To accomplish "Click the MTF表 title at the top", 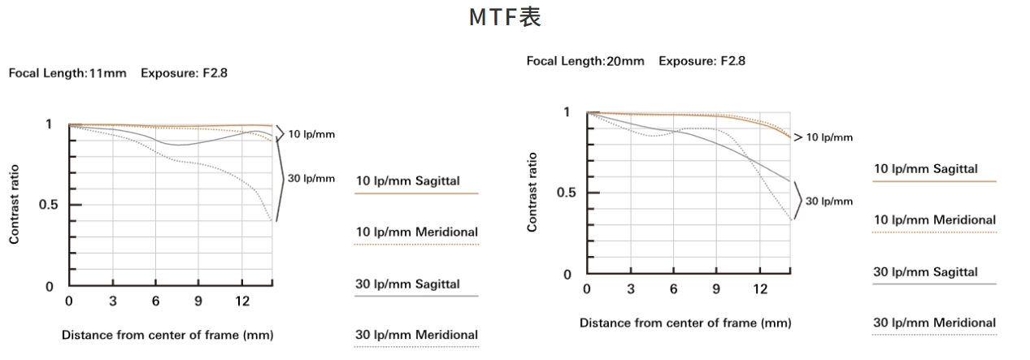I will click(x=505, y=18).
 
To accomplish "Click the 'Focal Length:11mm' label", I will click(x=67, y=73).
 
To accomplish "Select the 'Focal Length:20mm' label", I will click(x=585, y=61).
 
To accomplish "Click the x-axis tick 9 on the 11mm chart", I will click(x=198, y=301).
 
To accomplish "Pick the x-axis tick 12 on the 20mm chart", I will click(x=759, y=289).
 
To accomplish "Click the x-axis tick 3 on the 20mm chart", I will click(x=631, y=289).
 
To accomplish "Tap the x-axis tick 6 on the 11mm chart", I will click(x=154, y=301).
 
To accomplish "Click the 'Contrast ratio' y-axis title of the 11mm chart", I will click(x=15, y=206).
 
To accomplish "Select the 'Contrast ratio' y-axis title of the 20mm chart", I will click(x=532, y=193).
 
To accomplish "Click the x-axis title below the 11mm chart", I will click(x=167, y=335).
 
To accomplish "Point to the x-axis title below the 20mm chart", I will click(x=684, y=323).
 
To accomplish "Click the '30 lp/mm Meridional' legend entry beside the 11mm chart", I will click(x=417, y=335).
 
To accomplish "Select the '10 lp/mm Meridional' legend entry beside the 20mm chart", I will click(x=934, y=219).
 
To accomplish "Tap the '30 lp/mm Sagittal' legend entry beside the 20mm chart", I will click(x=925, y=272).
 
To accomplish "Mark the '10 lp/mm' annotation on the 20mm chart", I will click(x=828, y=137).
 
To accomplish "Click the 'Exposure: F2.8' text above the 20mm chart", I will click(x=702, y=61).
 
